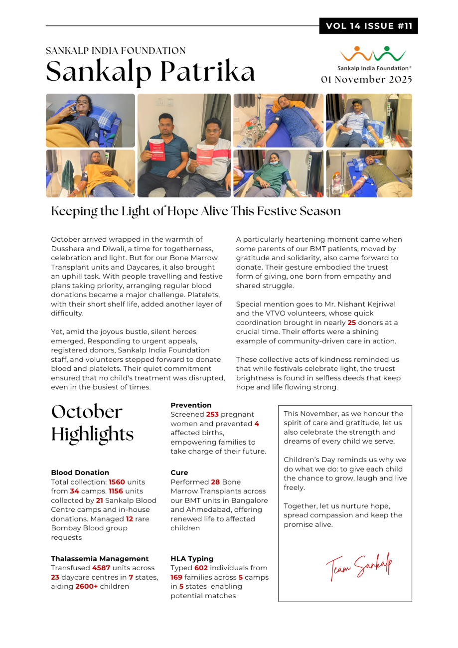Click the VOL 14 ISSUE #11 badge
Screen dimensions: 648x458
pos(369,26)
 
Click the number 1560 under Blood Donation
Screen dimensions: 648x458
pos(118,482)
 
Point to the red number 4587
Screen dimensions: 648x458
pos(103,568)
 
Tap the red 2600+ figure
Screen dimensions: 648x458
pos(86,586)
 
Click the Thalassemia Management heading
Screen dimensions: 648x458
pos(100,559)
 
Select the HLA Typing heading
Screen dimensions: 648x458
pos(192,559)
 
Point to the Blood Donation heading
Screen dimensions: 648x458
pos(80,473)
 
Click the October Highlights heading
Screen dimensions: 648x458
pos(92,423)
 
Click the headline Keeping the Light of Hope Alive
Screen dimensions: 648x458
pos(196,211)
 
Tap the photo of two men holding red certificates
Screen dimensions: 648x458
pos(184,146)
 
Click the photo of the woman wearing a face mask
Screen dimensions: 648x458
pos(278,173)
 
